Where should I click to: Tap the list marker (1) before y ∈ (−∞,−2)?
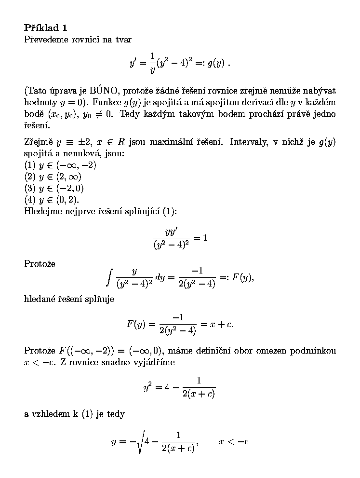coord(30,165)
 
